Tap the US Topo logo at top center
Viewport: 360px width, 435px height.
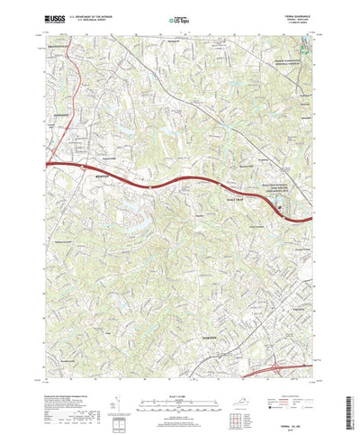click(x=179, y=18)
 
